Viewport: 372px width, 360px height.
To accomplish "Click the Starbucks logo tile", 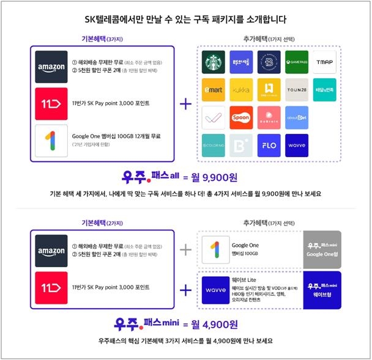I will [215, 62].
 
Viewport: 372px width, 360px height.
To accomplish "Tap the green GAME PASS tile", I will [297, 62].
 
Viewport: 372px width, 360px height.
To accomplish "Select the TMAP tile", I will [325, 62].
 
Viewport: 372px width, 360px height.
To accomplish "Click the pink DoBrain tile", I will [269, 117].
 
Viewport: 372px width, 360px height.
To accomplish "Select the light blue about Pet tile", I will [297, 117].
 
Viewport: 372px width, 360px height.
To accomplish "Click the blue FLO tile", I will [269, 145].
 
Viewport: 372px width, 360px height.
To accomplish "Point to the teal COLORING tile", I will [215, 145].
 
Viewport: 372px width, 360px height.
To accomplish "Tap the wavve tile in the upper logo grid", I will [297, 145].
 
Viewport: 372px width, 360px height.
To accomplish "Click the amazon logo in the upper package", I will [51, 67].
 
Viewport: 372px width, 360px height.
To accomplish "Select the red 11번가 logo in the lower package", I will [51, 286].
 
